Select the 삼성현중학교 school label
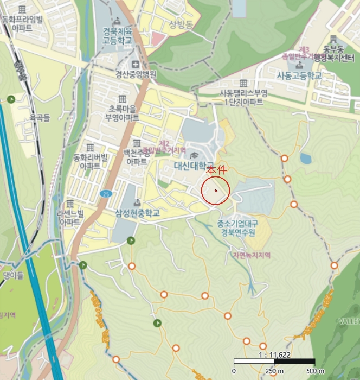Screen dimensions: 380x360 click(x=137, y=213)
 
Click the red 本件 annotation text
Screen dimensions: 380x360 click(x=216, y=170)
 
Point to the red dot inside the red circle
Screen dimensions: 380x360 click(x=216, y=191)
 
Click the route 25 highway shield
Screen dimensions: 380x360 click(x=105, y=193)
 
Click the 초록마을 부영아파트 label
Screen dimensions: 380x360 click(x=122, y=112)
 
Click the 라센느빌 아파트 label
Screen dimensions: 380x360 click(x=70, y=218)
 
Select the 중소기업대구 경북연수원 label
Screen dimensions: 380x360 click(x=237, y=227)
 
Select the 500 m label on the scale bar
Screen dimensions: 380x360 click(x=315, y=371)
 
